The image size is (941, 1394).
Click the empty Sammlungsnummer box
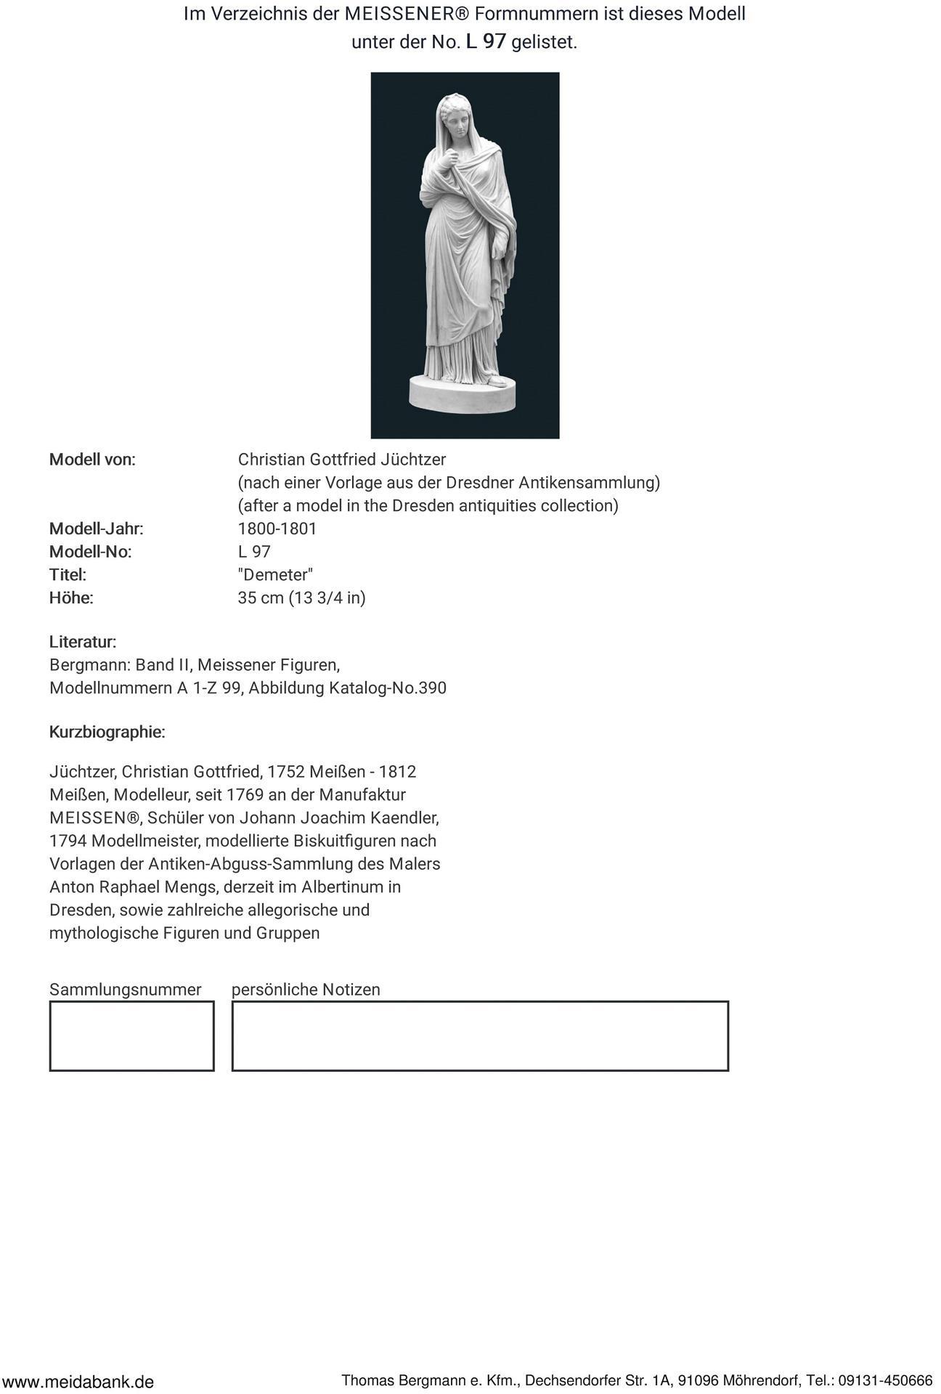131,1035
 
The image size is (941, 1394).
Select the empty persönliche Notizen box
479,1035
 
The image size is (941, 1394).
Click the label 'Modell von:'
92,460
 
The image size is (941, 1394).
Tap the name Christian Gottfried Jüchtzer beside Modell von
342,460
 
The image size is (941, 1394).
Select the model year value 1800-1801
277,529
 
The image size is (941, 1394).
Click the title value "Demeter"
275,575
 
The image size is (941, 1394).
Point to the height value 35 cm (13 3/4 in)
302,598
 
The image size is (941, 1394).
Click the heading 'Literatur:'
83,642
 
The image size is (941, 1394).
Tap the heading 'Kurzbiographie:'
107,732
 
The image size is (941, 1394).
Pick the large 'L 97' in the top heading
486,41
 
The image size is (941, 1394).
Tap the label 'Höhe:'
71,598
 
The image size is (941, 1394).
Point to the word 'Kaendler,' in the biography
405,818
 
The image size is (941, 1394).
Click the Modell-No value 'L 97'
254,552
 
